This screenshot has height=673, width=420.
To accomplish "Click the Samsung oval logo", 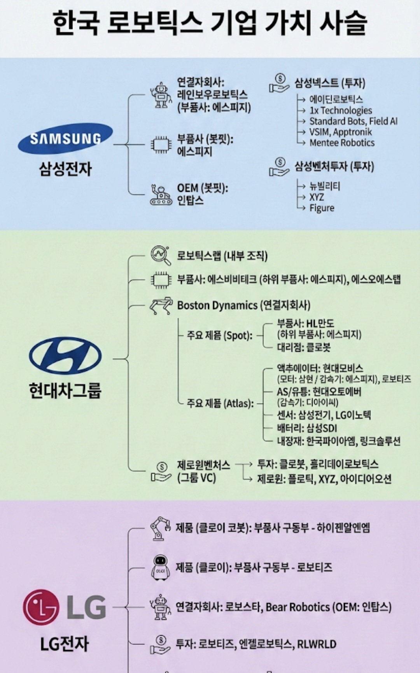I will pos(65,138).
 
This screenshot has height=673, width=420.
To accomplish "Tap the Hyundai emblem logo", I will pos(65,356).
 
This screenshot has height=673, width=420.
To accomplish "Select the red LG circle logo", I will pos(41,607).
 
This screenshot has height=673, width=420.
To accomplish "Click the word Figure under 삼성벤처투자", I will pos(322,208).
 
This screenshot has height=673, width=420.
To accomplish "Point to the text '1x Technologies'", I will pos(340,110).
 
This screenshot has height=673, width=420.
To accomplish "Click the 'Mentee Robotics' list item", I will pos(342,143).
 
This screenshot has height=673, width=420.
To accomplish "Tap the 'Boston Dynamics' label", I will pos(217,305).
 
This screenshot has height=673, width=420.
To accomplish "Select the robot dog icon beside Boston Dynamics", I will pos(161,306).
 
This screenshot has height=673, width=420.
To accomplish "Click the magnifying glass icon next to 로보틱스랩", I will pos(161,255).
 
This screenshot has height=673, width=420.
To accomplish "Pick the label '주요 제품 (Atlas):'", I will pos(220,403).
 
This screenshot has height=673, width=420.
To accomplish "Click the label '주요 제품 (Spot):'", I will pos(220,335).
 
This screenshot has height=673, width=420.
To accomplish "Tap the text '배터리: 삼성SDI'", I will pos(307,428).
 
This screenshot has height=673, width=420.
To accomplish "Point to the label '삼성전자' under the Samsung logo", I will pos(65,169).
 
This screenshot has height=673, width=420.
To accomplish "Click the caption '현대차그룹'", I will pos(65,390).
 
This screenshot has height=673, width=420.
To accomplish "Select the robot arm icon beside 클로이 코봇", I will pos(161,528).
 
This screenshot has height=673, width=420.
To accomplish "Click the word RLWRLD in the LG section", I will pos(317,644).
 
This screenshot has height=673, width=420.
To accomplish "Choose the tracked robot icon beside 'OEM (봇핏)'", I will pos(161,195).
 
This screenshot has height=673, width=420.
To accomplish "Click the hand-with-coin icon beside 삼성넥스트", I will pos(279,83).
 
